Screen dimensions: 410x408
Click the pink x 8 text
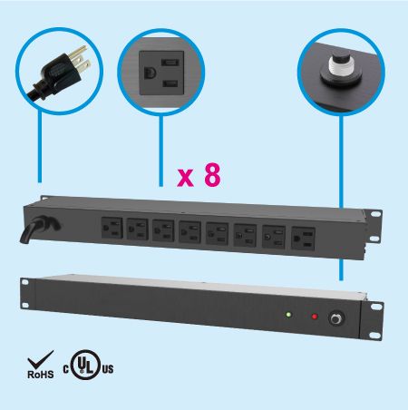click(199, 174)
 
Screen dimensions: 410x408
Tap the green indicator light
click(287, 317)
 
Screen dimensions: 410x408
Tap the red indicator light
click(315, 317)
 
